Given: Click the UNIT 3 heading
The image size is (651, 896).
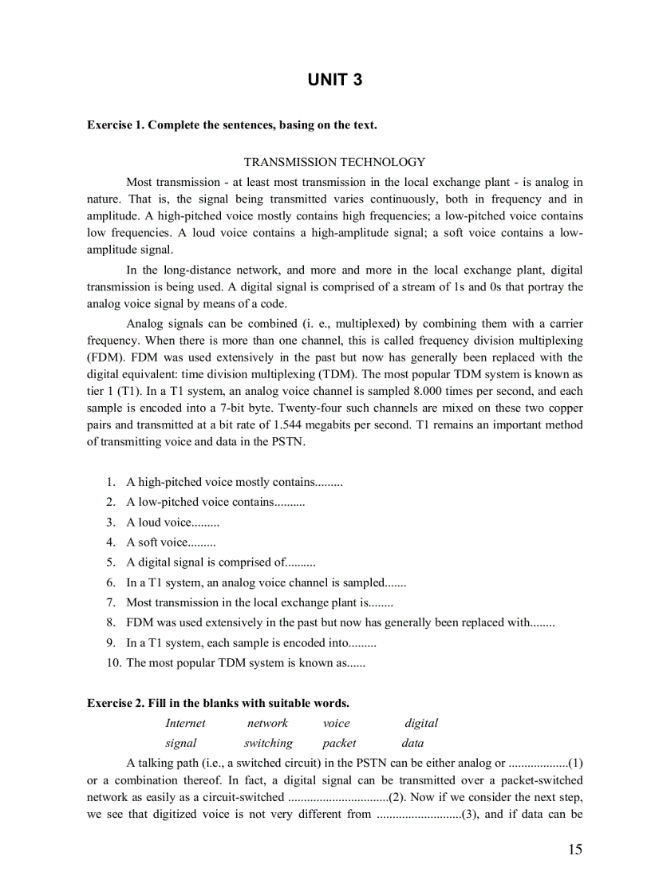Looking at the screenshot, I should (x=335, y=80).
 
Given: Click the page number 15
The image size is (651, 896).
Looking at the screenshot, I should (x=574, y=849).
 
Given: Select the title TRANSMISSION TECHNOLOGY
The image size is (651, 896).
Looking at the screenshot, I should (x=334, y=162).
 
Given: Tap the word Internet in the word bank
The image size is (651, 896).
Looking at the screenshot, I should (x=185, y=723).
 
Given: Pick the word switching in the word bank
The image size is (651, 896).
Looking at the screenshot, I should (x=268, y=743).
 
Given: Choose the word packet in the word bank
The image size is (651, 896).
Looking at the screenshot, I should (x=339, y=743).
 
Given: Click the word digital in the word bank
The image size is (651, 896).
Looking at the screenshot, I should (x=421, y=723).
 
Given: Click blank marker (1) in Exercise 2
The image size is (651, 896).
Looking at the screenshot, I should (x=575, y=763).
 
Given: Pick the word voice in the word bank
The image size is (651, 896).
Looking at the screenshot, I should (x=336, y=723).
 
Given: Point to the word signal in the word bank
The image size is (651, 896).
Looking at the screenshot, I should (x=181, y=743).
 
